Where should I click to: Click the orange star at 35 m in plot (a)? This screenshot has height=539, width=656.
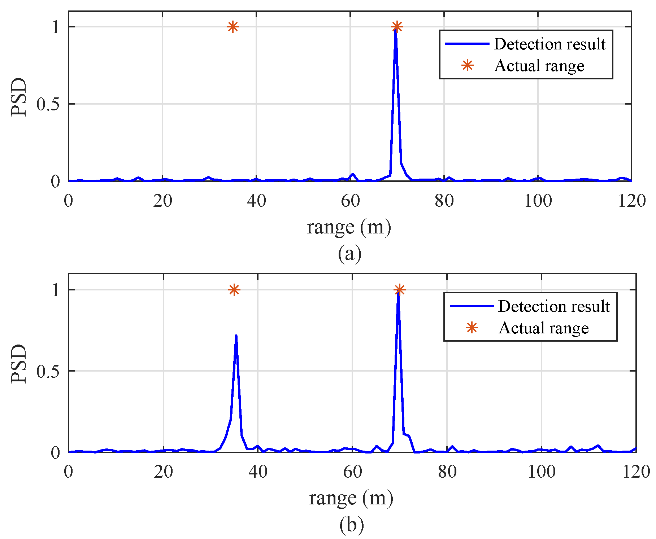(233, 27)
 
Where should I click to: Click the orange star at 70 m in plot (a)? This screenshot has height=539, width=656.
(397, 27)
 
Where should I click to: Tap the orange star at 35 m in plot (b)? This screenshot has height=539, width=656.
(234, 290)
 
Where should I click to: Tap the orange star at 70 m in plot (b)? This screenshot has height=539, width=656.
(399, 290)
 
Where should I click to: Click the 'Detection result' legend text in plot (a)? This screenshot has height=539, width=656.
(549, 44)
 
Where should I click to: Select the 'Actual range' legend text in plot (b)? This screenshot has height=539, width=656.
(543, 328)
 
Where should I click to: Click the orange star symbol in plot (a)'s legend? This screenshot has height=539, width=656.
(467, 66)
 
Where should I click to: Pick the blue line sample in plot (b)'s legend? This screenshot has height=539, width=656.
(471, 306)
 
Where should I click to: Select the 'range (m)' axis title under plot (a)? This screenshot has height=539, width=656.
(349, 227)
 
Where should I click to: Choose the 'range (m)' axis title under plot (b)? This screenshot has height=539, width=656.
(351, 498)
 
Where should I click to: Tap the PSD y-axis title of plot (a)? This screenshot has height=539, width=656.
(19, 97)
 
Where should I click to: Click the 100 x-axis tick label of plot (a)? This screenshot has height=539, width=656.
(538, 201)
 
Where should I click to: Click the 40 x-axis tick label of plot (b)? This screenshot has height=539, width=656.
(258, 471)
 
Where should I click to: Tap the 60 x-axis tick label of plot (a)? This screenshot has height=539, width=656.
(350, 201)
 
